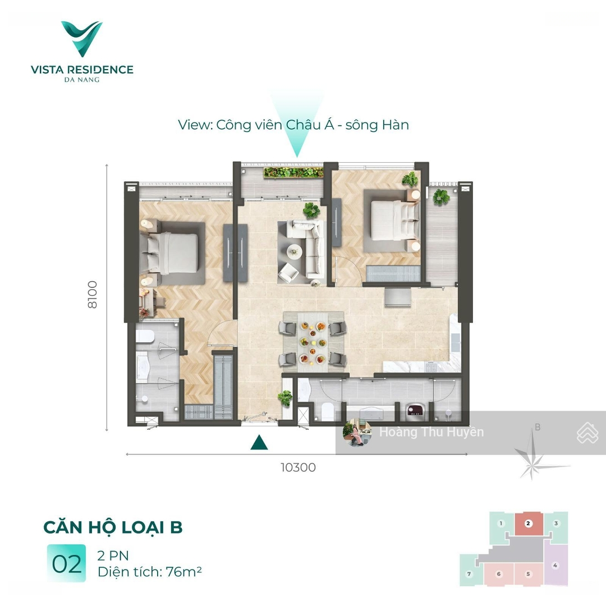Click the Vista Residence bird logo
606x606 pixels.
[x=82, y=38]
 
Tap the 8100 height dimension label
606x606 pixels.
[x=93, y=295]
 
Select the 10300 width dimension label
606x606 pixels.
[x=298, y=467]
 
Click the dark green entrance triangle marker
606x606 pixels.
[x=259, y=443]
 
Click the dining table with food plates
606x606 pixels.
[x=313, y=342]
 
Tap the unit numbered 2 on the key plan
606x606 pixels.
[x=529, y=524]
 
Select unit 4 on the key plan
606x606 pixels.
[x=555, y=565]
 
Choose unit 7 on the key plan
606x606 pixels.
[x=470, y=574]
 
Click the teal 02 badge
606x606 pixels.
[x=66, y=564]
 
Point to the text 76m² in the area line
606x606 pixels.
[x=183, y=571]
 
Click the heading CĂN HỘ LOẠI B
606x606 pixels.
[x=112, y=527]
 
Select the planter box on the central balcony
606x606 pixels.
[x=293, y=172]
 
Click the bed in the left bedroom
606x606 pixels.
[x=169, y=252]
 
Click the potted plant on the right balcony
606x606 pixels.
[x=441, y=197]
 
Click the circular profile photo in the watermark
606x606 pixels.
[x=357, y=433]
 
